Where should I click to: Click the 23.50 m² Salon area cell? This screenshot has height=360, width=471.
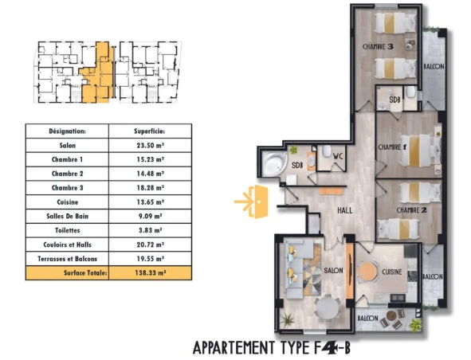150,145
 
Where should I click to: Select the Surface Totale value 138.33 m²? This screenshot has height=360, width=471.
150,273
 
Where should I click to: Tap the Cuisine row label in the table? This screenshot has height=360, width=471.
67,202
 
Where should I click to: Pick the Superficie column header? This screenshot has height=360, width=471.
150,131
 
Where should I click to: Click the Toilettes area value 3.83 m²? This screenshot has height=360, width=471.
150,230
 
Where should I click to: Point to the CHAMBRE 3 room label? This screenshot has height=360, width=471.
378,46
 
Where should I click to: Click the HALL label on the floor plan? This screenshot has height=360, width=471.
345,210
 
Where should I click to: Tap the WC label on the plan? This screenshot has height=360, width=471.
338,156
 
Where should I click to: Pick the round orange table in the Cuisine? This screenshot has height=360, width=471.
367,272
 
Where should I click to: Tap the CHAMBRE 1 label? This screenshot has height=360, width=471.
392,147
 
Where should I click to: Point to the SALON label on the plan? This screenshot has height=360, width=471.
333,271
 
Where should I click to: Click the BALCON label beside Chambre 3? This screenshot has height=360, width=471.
434,66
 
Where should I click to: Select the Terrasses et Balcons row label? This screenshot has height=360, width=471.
67,259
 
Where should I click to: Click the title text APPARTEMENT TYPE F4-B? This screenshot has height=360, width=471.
272,348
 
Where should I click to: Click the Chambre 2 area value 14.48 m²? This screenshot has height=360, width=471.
150,174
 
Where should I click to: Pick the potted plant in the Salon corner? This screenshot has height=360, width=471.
288,319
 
